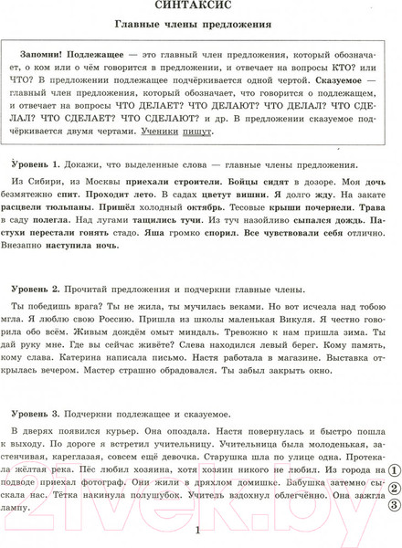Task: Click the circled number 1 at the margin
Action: (394, 495)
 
